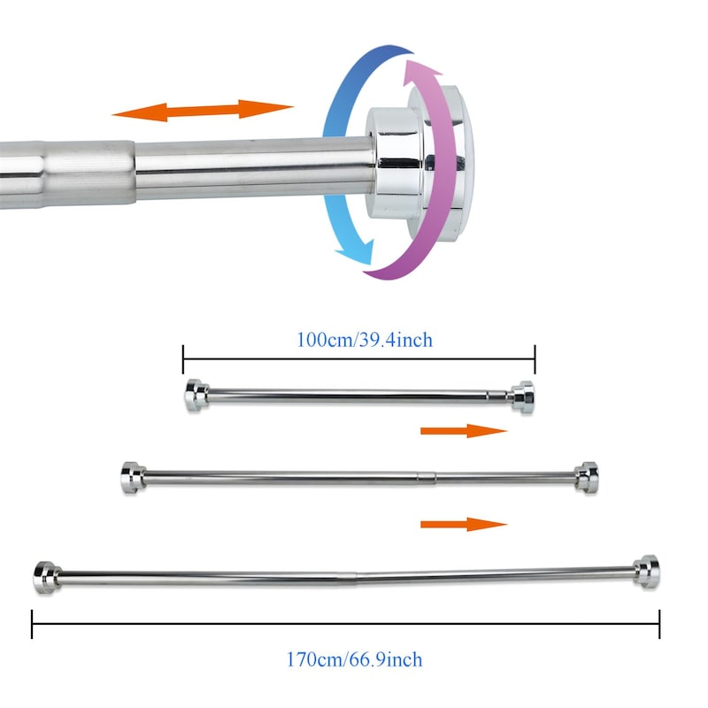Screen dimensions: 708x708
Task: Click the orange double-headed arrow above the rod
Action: pos(202,111)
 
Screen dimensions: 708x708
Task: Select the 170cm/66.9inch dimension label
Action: pos(354,659)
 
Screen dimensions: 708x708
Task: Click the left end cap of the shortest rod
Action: pos(195,396)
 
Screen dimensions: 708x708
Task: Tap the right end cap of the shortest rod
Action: pos(522,397)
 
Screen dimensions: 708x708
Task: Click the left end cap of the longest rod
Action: pos(44,577)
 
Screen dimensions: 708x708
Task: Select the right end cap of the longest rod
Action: pos(647,573)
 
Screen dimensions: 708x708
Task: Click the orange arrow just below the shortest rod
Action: pos(463,431)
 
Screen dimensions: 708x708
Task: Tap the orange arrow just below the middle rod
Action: pos(463,524)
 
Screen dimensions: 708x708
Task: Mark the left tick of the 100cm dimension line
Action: pos(183,359)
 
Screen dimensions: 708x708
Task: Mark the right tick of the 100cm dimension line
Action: pos(535,359)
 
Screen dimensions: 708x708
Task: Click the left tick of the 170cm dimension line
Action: pos(33,624)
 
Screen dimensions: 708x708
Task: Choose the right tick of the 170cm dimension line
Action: pos(659,624)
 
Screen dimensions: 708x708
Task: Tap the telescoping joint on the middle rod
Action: pos(432,478)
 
